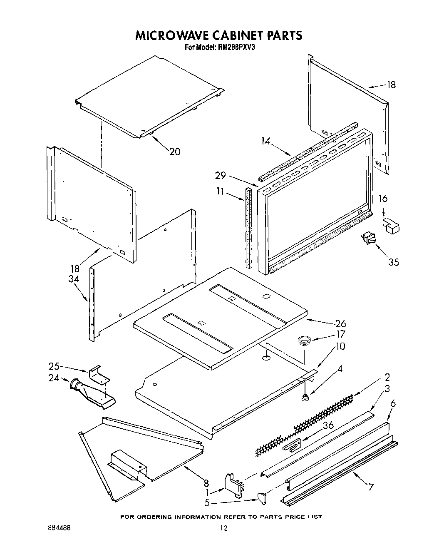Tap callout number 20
coord(175,152)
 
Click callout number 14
coord(266,141)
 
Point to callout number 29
coord(221,176)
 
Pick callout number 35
coord(393,262)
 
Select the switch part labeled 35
coord(368,239)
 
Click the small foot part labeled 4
coord(306,398)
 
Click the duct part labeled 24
coord(92,392)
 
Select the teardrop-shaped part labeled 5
coord(261,496)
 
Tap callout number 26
coord(340,323)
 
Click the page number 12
coord(223,528)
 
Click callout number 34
coord(74,279)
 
